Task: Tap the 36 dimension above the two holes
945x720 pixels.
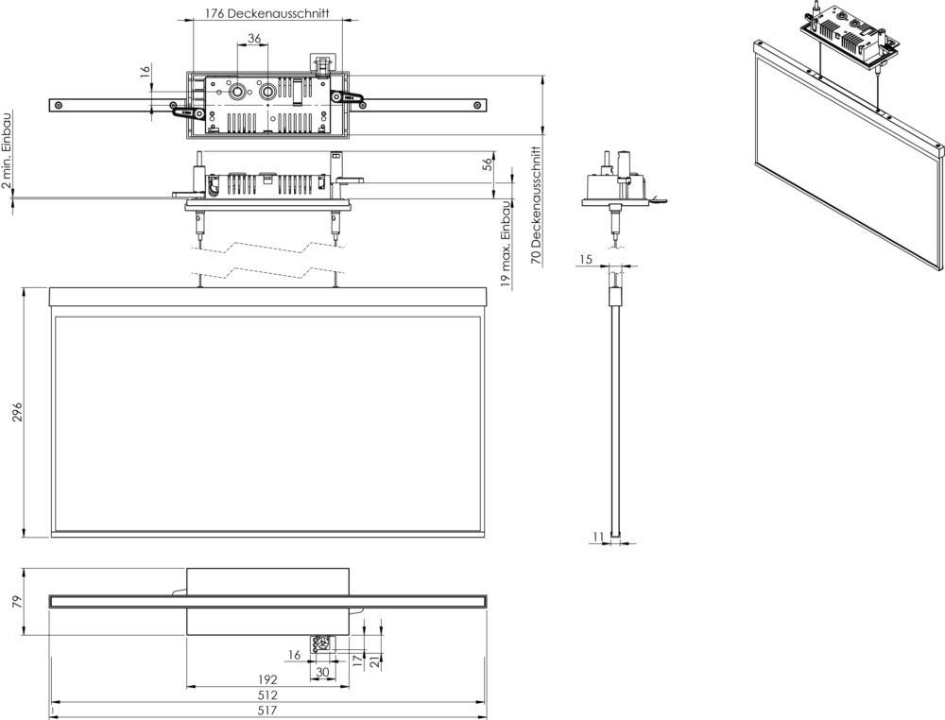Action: tap(253, 39)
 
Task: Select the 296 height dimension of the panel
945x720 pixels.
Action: tap(17, 412)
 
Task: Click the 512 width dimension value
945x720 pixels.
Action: tap(268, 694)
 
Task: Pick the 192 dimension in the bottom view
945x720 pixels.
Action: tap(267, 679)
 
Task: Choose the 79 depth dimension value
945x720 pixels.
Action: tap(17, 601)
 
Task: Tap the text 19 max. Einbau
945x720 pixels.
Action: tap(507, 243)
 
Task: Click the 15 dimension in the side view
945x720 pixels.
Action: tap(586, 259)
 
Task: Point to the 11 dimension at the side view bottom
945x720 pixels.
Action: tap(597, 537)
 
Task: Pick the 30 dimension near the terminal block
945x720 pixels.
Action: tap(323, 672)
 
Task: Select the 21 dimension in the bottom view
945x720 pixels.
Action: tap(374, 660)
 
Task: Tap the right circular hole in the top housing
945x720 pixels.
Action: tap(269, 92)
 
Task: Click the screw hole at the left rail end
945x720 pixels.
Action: tap(60, 104)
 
